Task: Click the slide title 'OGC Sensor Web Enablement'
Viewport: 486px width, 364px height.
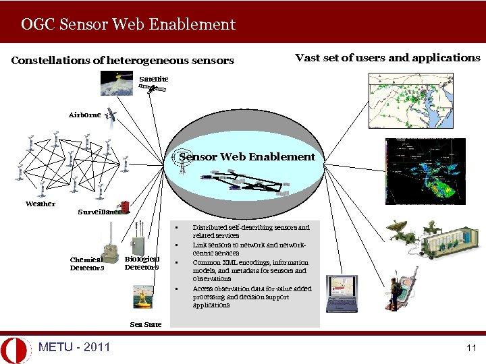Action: [128, 25]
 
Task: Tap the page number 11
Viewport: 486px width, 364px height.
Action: [471, 348]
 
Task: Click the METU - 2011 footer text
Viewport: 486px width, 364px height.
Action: [74, 347]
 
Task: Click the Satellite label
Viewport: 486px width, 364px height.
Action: [154, 79]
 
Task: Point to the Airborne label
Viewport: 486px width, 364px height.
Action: [84, 115]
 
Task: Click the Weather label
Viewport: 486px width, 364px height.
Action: [40, 204]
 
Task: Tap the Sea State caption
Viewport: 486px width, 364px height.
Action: [145, 324]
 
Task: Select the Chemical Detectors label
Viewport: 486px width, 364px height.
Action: [87, 263]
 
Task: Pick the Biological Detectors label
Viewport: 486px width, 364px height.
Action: [142, 263]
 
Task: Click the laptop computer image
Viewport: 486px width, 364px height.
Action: [342, 294]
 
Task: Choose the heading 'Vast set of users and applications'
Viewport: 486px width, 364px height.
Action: [387, 58]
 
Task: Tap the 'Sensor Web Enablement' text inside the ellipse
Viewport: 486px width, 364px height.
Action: [247, 157]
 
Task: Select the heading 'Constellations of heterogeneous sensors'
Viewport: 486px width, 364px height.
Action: [123, 61]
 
